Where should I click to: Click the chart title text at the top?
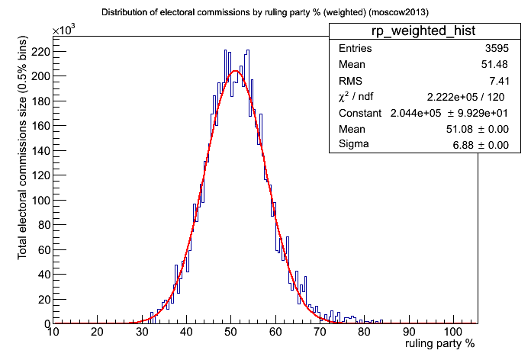click(265, 13)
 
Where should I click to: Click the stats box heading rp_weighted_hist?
click(419, 31)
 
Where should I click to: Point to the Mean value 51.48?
click(494, 65)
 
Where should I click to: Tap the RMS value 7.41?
click(497, 81)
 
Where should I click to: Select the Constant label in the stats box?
click(361, 113)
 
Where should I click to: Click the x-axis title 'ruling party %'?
click(439, 344)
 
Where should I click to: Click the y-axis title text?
click(24, 180)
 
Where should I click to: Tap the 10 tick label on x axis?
click(53, 332)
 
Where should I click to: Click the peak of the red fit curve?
click(235, 72)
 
